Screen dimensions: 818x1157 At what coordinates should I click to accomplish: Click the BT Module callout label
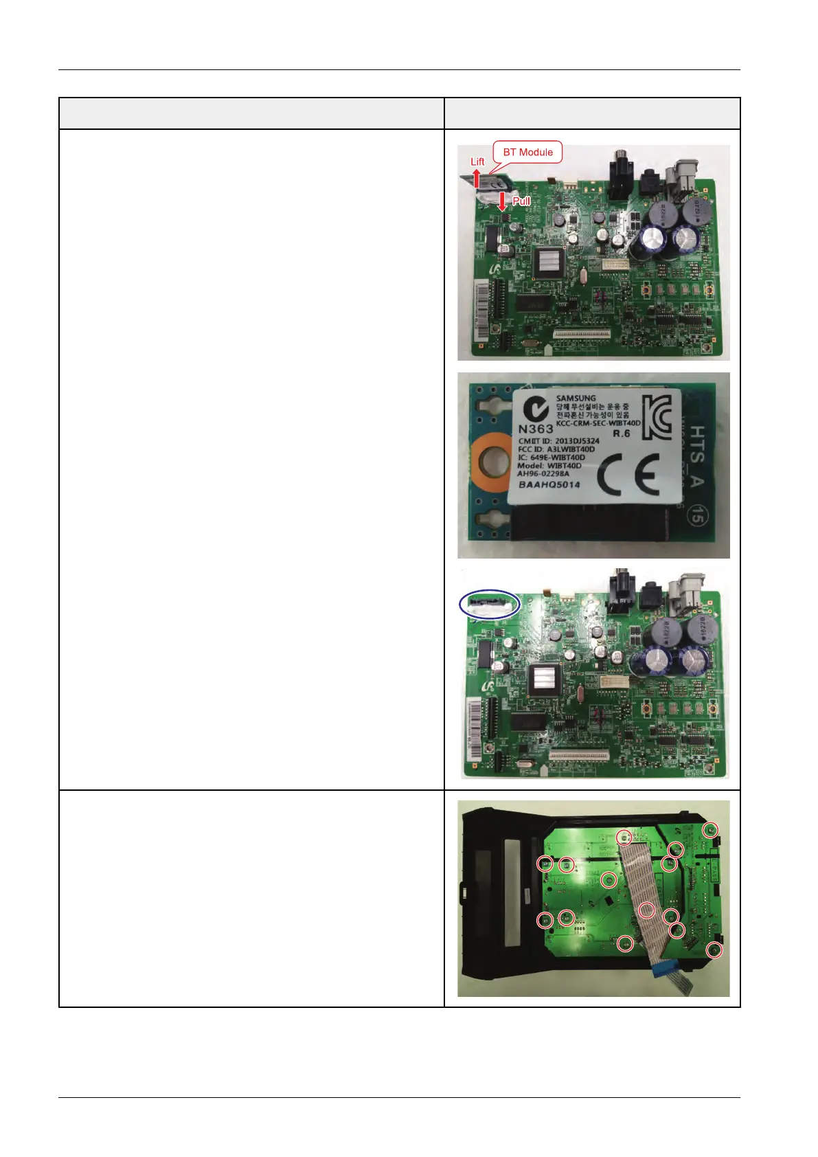click(x=527, y=152)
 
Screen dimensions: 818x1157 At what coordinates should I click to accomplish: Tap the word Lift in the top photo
click(x=477, y=161)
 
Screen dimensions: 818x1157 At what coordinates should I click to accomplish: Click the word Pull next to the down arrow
click(x=521, y=201)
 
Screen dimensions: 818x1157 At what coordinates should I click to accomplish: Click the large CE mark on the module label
click(x=628, y=476)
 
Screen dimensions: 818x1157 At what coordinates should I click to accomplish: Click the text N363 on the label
click(x=535, y=428)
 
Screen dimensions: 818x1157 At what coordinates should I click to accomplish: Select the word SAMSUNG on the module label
click(x=576, y=398)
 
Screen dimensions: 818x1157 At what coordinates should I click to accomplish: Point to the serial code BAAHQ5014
click(x=549, y=484)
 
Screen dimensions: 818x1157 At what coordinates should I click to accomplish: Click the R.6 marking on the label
click(x=621, y=434)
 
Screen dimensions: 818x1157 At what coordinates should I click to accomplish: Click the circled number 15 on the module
click(x=696, y=517)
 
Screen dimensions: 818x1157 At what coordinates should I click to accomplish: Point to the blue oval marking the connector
click(x=490, y=605)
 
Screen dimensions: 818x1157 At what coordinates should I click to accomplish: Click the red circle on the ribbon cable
click(x=647, y=910)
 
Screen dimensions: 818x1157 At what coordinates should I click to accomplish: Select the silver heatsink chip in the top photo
click(x=548, y=263)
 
